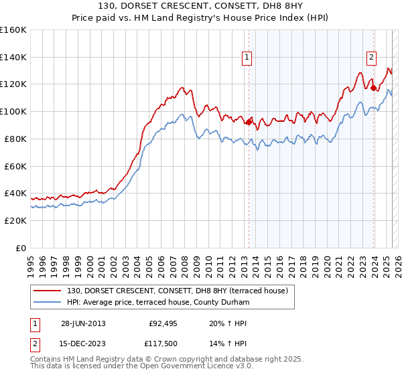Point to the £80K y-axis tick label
15,139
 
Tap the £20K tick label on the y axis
15,220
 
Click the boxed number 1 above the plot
248,58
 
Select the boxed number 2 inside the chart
371,58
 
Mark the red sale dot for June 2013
249,122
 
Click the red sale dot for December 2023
373,88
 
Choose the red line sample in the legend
46,291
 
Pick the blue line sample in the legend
46,303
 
